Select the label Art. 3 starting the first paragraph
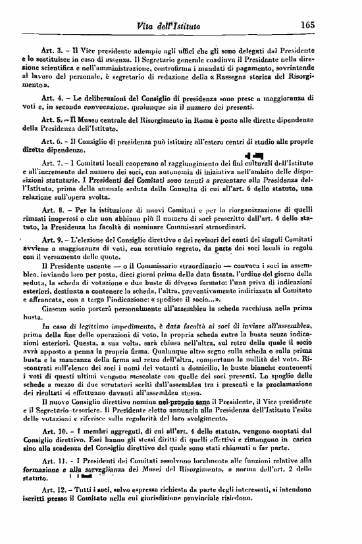tap(51, 50)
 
